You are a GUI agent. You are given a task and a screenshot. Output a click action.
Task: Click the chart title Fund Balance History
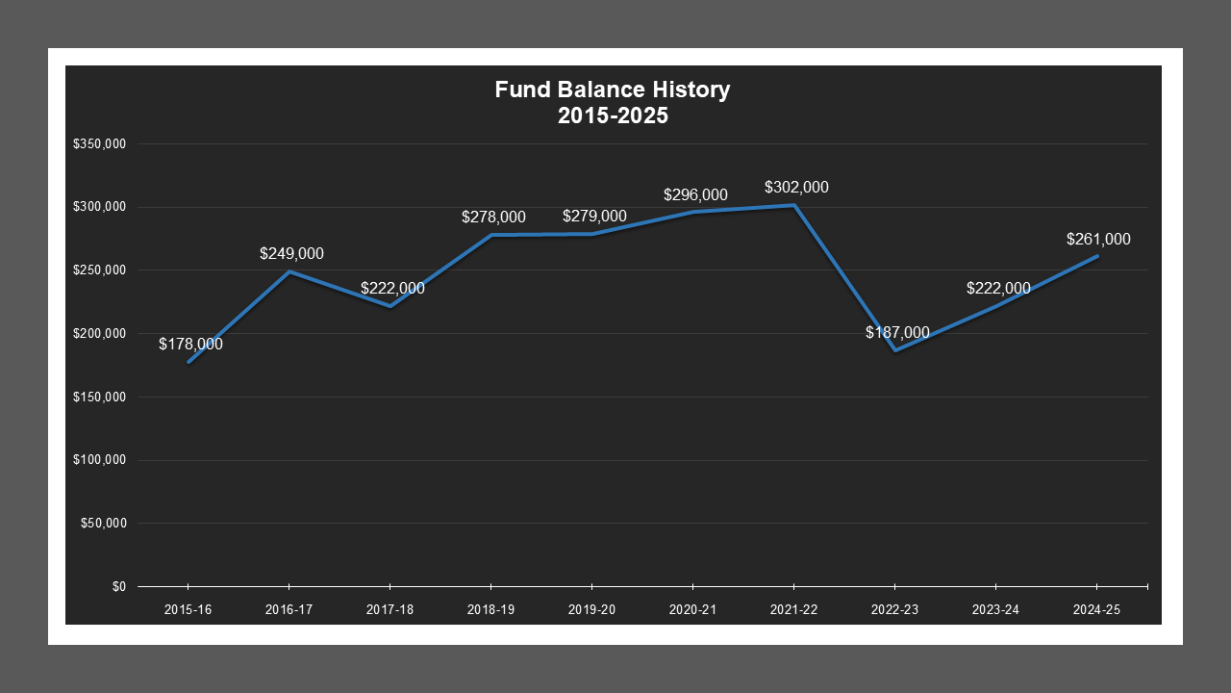pyautogui.click(x=613, y=90)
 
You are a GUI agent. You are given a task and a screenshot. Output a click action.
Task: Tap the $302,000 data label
pyautogui.click(x=796, y=188)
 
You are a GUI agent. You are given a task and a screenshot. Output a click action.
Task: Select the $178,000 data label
pyautogui.click(x=190, y=344)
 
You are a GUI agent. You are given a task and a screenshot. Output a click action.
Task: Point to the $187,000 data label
pyautogui.click(x=897, y=333)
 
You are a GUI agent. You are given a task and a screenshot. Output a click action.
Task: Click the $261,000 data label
pyautogui.click(x=1098, y=240)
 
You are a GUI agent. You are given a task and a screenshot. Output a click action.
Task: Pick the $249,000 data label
pyautogui.click(x=291, y=254)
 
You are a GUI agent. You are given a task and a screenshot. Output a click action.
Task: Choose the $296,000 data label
pyautogui.click(x=695, y=195)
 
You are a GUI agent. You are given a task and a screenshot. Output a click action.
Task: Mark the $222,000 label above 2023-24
pyautogui.click(x=998, y=288)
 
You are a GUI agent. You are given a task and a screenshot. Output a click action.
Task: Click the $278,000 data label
pyautogui.click(x=493, y=218)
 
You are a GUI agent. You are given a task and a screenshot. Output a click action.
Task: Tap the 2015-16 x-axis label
pyautogui.click(x=188, y=609)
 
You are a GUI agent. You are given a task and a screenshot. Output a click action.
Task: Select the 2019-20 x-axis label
pyautogui.click(x=591, y=609)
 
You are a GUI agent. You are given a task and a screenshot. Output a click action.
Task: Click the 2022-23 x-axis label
pyautogui.click(x=894, y=609)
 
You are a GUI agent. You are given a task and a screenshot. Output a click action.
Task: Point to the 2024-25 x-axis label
pyautogui.click(x=1096, y=609)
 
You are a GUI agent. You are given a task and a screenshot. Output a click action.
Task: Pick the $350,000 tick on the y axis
pyautogui.click(x=100, y=144)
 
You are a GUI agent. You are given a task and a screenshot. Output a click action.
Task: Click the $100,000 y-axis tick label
pyautogui.click(x=100, y=460)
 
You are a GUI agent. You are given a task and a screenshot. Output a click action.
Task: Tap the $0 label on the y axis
pyautogui.click(x=118, y=586)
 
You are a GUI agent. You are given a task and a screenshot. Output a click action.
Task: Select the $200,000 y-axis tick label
pyautogui.click(x=100, y=334)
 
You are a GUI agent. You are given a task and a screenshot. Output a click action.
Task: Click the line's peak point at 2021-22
pyautogui.click(x=793, y=205)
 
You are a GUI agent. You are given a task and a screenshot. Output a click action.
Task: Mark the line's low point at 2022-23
pyautogui.click(x=894, y=349)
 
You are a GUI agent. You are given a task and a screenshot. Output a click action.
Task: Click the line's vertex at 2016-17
pyautogui.click(x=289, y=271)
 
